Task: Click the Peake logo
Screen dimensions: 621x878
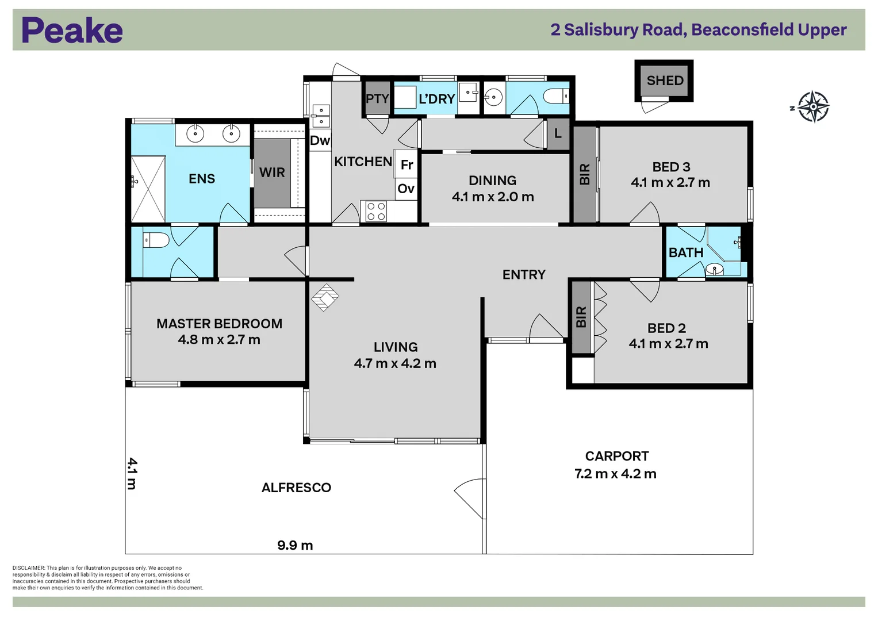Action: (72, 30)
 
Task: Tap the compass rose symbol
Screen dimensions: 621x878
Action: (812, 107)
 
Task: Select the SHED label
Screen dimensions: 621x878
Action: (665, 80)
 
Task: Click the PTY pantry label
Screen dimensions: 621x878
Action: (377, 99)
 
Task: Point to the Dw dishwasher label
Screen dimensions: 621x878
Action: (320, 140)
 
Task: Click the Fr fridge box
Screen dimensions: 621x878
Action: (407, 165)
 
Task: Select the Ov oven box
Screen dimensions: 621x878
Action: (406, 189)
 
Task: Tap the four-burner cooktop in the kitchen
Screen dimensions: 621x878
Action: (376, 212)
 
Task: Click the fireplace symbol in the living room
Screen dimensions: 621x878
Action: (325, 298)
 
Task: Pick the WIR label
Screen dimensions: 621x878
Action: (272, 172)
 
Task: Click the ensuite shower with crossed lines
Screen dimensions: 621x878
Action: (148, 189)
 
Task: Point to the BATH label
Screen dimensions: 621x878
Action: (685, 253)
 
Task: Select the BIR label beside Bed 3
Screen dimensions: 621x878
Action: (585, 174)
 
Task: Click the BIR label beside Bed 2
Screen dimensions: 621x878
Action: (581, 317)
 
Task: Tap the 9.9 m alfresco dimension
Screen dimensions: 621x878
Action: (295, 545)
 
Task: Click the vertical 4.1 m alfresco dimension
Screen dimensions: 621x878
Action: (132, 473)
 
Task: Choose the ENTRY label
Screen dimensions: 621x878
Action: (524, 275)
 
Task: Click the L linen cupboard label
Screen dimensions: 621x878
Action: (557, 134)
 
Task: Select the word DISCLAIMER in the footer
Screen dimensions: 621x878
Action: (28, 568)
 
